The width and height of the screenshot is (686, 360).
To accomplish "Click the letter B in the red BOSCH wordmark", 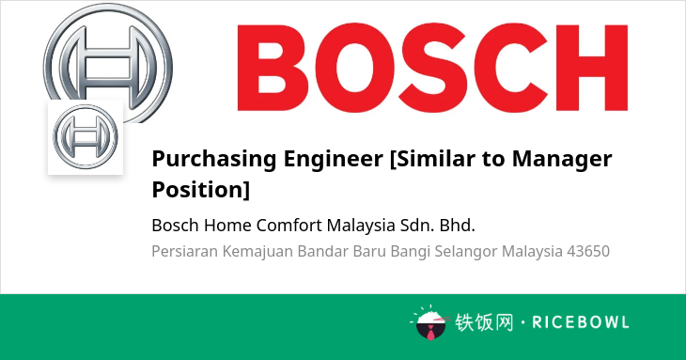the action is pos(273,68).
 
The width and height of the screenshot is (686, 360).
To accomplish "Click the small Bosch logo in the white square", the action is pos(86,137).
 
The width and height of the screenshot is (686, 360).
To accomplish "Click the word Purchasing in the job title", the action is pos(214,159).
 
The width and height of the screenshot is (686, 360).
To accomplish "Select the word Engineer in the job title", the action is pos(333,158).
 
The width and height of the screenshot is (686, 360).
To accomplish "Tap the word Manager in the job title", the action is pos(562,159).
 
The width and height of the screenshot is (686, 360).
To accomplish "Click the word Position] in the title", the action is pos(201,190).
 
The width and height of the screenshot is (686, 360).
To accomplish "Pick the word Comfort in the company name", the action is pos(288,226).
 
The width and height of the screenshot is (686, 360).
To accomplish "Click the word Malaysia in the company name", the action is pos(361,227).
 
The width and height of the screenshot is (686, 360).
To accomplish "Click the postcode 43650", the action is pos(588,252).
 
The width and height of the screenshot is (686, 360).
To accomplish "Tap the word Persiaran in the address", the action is pos(184,252).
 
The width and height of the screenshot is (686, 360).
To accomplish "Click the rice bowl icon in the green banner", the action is pos(430,323).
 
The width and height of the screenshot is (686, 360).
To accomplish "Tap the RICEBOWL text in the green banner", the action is pos(581,322).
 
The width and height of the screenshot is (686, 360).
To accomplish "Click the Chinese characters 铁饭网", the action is pos(484,322).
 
